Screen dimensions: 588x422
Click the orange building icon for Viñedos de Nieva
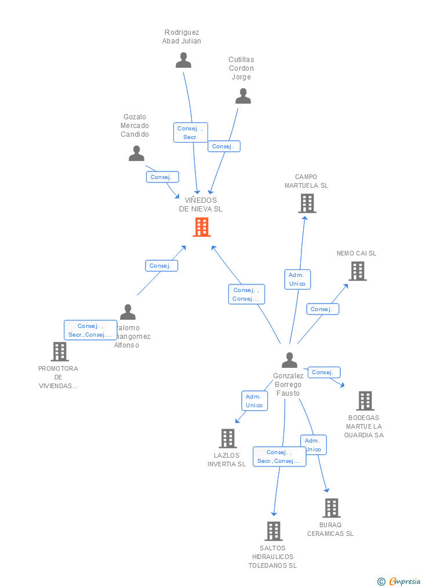tap(202, 227)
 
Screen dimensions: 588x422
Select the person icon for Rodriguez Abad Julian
tap(183, 60)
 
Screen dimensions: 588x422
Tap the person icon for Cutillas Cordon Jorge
tap(243, 96)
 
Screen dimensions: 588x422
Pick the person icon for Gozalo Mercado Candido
tap(136, 154)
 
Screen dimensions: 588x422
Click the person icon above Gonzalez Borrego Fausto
tap(289, 360)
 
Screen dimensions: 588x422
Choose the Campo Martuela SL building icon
tap(307, 203)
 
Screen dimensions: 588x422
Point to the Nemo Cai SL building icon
tap(357, 271)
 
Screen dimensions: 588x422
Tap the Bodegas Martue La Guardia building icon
tap(365, 400)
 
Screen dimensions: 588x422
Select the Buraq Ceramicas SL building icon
tap(331, 508)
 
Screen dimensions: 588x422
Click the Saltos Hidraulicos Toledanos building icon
tap(273, 531)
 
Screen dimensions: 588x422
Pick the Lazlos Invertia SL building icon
tap(228, 439)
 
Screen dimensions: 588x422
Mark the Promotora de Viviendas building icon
tap(59, 351)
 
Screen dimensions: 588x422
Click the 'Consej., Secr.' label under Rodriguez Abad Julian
tap(190, 133)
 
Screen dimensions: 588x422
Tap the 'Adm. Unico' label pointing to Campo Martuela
tap(297, 279)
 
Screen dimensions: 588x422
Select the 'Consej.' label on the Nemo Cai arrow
tap(322, 309)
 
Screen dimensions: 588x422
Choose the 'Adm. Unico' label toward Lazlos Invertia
tap(254, 401)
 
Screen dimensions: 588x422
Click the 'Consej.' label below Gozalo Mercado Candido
tap(162, 177)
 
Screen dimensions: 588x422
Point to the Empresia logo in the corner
tap(400, 581)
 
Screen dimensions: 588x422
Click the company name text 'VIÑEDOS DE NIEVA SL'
tap(201, 204)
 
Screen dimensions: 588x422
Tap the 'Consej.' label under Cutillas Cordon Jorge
tap(224, 147)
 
